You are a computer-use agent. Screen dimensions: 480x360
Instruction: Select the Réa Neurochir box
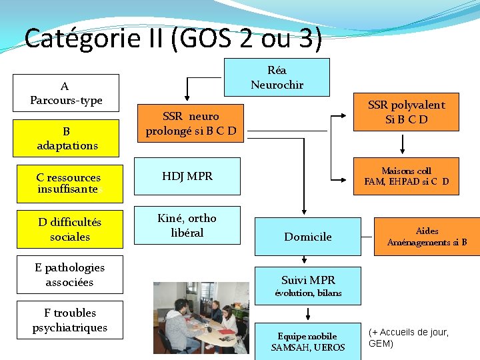(277, 77)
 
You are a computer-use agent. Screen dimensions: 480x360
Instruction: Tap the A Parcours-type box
(66, 93)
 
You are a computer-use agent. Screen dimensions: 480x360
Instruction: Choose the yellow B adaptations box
(66, 138)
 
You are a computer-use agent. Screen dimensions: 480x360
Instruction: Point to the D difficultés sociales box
(69, 229)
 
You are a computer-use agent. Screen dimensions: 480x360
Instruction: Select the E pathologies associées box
(69, 275)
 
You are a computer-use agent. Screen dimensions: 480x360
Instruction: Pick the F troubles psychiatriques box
(69, 320)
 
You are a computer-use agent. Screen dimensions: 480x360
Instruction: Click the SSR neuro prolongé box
(190, 123)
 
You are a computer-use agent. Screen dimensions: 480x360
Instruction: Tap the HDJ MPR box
(187, 176)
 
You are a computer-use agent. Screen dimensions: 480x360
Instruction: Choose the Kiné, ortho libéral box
(187, 225)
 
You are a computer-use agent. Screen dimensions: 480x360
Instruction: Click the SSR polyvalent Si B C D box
(405, 112)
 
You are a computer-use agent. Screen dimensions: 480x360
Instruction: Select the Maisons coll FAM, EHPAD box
(406, 176)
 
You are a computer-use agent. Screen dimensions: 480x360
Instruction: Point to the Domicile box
(307, 237)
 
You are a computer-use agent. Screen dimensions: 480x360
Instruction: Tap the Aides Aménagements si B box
(427, 237)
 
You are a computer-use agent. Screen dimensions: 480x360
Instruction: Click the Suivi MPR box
(308, 285)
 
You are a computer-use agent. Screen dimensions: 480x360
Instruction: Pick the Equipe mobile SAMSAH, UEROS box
(307, 341)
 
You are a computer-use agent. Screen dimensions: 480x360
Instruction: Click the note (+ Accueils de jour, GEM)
(408, 337)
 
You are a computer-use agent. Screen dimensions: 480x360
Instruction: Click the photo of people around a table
(201, 317)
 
